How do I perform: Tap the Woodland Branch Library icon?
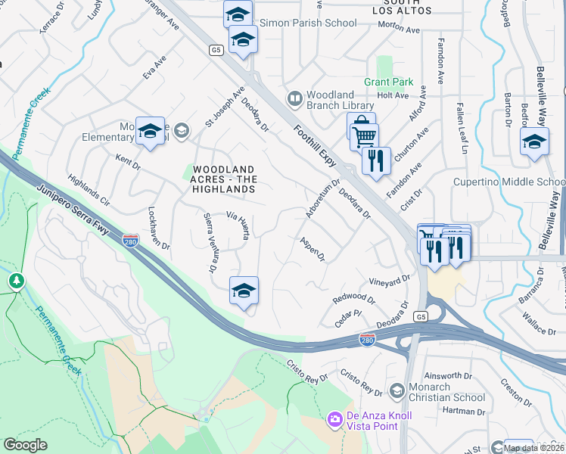[294, 98]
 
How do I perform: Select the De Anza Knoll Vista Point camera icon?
[334, 418]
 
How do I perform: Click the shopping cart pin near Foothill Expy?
[365, 138]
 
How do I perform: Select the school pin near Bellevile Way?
[534, 141]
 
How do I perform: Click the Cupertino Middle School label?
[508, 182]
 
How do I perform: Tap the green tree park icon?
[16, 281]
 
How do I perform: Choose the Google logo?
[25, 445]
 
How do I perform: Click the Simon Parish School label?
[308, 23]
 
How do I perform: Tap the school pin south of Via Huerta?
[244, 291]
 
